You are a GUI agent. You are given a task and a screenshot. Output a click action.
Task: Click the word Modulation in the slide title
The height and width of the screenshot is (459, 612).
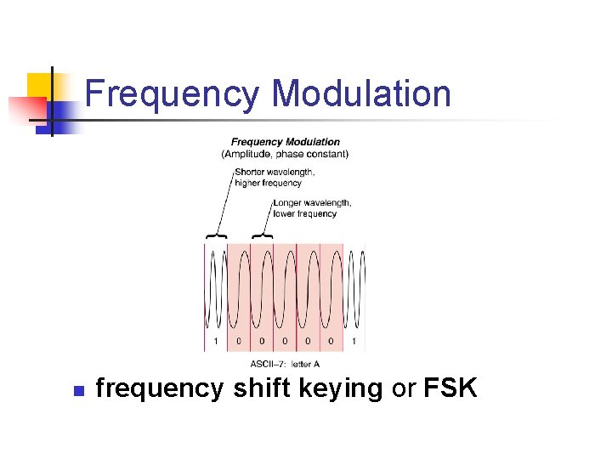[362, 94]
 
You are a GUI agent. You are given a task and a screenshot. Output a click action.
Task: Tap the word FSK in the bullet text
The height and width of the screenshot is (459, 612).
[450, 388]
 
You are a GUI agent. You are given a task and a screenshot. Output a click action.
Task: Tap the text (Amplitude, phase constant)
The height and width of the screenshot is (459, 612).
[285, 154]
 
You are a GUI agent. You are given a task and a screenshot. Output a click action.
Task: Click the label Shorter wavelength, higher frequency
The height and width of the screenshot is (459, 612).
[274, 177]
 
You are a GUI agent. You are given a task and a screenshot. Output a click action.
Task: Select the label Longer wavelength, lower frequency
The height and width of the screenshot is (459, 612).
[311, 208]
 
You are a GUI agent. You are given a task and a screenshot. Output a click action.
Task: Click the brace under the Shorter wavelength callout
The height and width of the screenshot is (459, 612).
[215, 235]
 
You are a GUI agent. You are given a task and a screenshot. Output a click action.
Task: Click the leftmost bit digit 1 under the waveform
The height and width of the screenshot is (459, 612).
[216, 342]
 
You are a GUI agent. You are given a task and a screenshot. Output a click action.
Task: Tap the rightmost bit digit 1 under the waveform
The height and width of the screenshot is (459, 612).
[354, 342]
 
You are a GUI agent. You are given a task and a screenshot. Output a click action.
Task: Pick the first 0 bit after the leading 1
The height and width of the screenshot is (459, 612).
[239, 342]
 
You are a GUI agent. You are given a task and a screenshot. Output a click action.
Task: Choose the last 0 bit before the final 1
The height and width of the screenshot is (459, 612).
[331, 342]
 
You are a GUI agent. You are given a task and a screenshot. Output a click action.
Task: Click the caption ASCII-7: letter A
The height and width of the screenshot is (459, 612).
[285, 364]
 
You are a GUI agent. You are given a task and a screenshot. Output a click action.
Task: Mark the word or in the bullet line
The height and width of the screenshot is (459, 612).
[403, 389]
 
